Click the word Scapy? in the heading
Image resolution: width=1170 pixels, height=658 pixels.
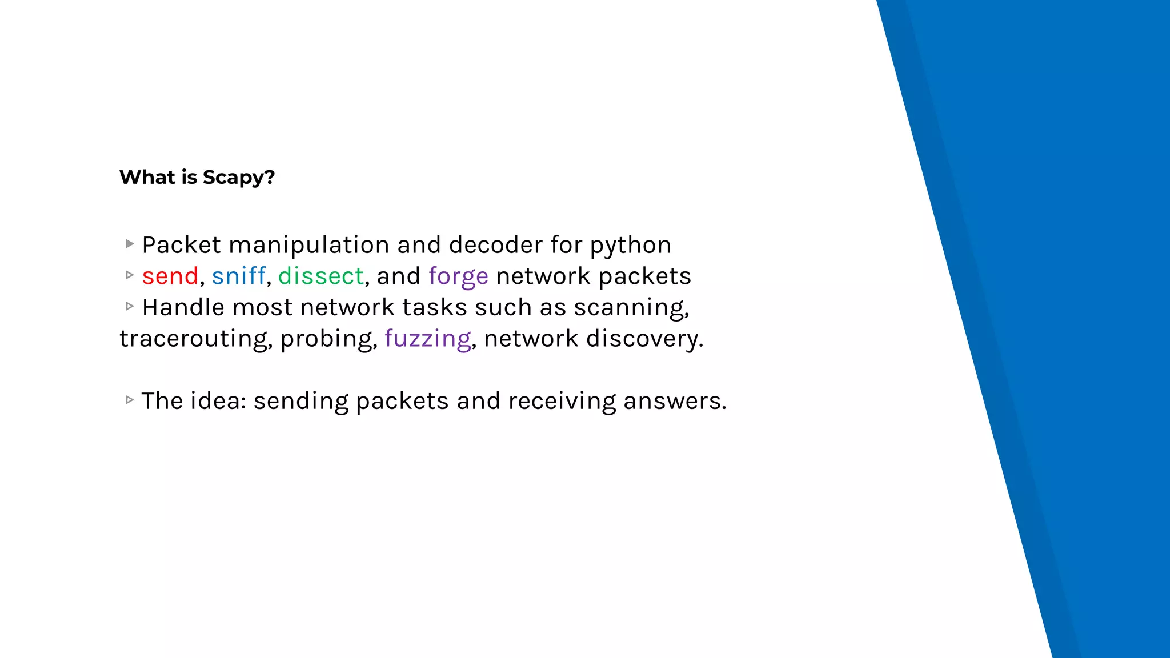239,178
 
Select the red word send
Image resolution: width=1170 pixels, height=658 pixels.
170,276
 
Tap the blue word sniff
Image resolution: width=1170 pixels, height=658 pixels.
238,276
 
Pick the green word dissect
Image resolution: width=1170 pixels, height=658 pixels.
321,276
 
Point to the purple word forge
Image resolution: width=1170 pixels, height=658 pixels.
458,277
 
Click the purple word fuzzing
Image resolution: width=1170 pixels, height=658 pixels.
428,339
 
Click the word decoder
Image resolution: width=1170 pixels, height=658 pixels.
496,245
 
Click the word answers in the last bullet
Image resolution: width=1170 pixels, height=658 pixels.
674,401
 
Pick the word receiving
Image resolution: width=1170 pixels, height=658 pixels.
562,402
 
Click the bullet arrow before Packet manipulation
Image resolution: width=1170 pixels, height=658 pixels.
130,244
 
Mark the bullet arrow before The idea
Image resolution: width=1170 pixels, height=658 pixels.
130,400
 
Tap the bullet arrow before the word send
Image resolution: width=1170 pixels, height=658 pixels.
130,275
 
